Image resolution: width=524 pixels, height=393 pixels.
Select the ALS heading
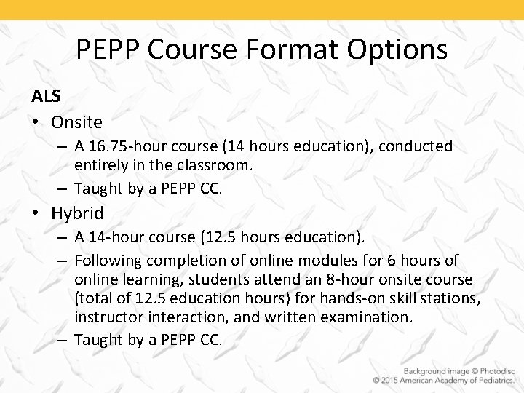45,96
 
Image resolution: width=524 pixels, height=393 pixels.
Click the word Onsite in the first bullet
76,121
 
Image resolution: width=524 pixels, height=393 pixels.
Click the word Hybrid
77,213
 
